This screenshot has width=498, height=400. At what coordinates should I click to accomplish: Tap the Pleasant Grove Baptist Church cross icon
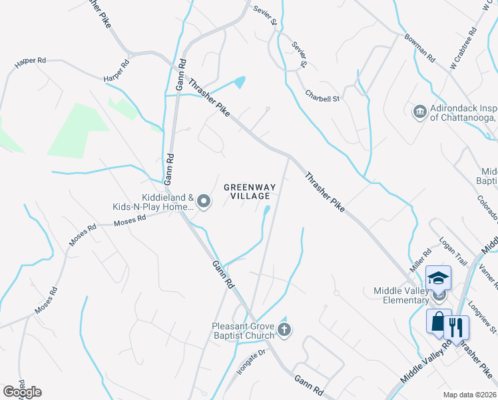[x=284, y=329]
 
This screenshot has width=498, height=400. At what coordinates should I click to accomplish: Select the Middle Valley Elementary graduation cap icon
[x=439, y=278]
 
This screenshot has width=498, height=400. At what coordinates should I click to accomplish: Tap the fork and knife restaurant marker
[x=456, y=327]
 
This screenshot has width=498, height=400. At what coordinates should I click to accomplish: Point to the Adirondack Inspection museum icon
[x=419, y=111]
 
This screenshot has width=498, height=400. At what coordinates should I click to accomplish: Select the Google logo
[x=22, y=392]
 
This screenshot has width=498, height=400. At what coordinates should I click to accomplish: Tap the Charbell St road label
[x=322, y=97]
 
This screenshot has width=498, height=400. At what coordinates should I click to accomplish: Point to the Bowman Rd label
[x=419, y=47]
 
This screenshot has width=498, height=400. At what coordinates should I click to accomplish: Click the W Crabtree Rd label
[x=464, y=49]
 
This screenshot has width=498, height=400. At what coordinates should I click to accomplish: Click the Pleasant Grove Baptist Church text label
[x=243, y=330]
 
